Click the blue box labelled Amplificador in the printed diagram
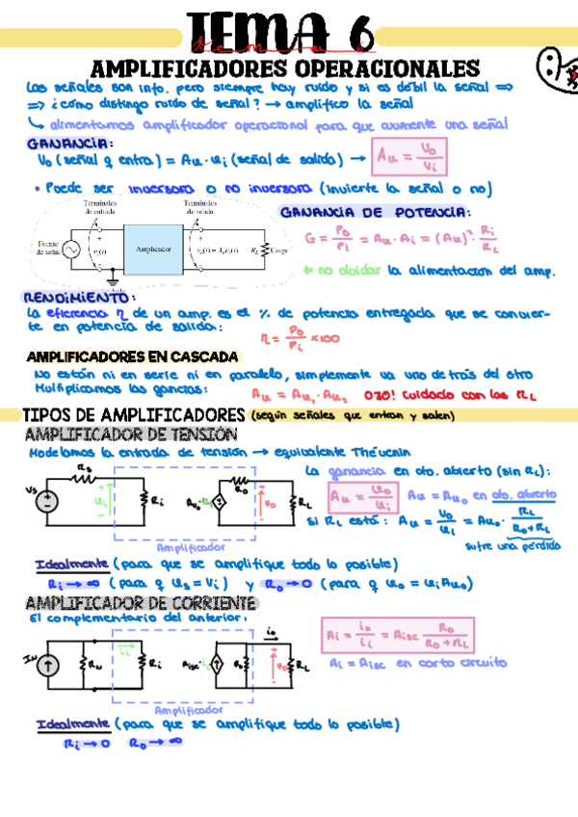[153, 249]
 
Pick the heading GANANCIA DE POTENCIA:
[374, 212]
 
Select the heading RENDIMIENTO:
[77, 299]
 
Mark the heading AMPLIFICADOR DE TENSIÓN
[128, 435]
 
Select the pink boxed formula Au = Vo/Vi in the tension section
[360, 499]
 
